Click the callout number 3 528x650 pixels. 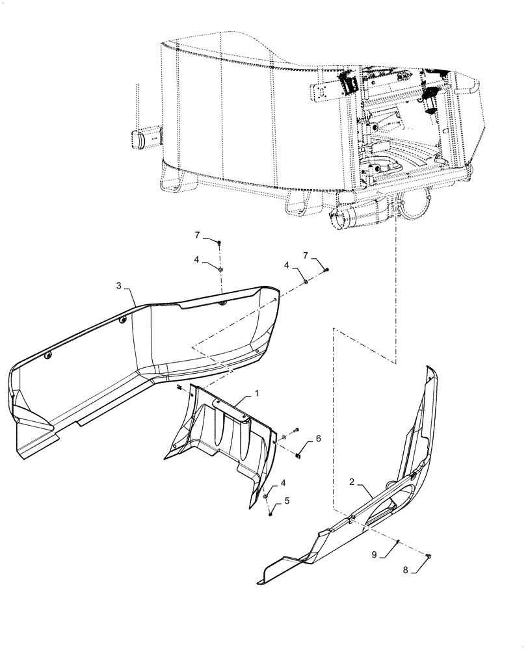(x=119, y=285)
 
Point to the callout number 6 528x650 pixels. (x=318, y=439)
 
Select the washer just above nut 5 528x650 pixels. (x=267, y=497)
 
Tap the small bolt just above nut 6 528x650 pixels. (x=296, y=430)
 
